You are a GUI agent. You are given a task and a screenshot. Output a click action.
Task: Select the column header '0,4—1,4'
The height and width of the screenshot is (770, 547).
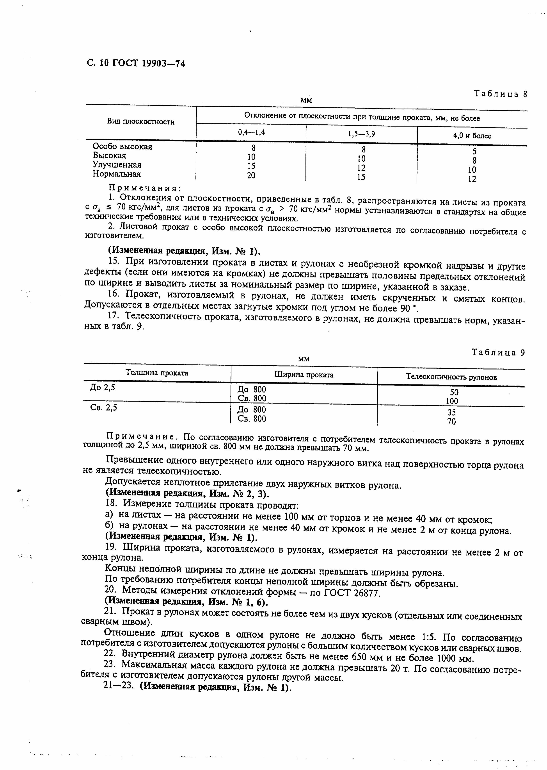click(251, 133)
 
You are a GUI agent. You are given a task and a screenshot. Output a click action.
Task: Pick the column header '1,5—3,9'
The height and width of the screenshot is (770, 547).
click(361, 134)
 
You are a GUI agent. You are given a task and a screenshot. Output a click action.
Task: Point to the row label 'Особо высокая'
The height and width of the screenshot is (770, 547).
click(123, 146)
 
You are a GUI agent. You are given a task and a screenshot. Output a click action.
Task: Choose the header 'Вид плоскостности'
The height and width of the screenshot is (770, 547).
click(141, 122)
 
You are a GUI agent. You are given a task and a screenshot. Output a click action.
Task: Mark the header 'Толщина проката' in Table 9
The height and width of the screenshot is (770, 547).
click(157, 373)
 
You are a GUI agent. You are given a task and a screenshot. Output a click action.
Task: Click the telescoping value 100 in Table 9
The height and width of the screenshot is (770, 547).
click(452, 401)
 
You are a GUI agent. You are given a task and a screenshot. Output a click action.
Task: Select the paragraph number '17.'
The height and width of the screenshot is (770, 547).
click(114, 316)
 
